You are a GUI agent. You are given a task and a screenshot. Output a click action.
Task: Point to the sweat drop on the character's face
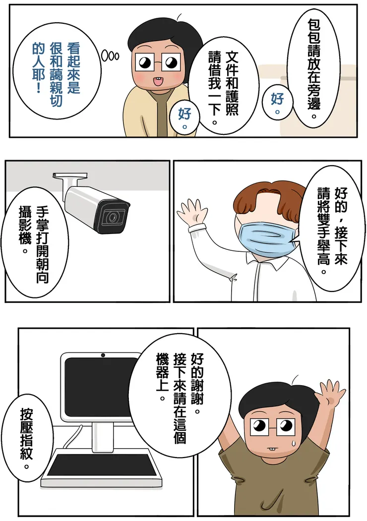pos(292,441)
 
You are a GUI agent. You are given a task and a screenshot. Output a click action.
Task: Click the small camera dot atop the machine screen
pos(103,355)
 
